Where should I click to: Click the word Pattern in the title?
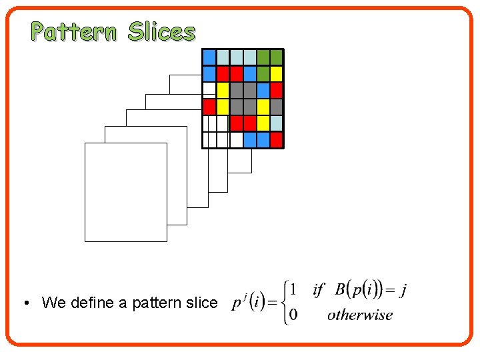click(x=73, y=31)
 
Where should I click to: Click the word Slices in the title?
click(x=162, y=31)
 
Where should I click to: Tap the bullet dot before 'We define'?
click(x=24, y=303)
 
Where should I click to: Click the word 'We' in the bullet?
click(x=51, y=303)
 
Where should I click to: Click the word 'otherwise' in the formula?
click(x=360, y=315)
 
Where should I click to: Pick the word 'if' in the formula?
click(x=318, y=290)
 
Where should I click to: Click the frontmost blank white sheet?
click(x=125, y=192)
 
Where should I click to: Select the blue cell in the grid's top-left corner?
click(x=209, y=57)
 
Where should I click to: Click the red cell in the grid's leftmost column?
click(x=209, y=107)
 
